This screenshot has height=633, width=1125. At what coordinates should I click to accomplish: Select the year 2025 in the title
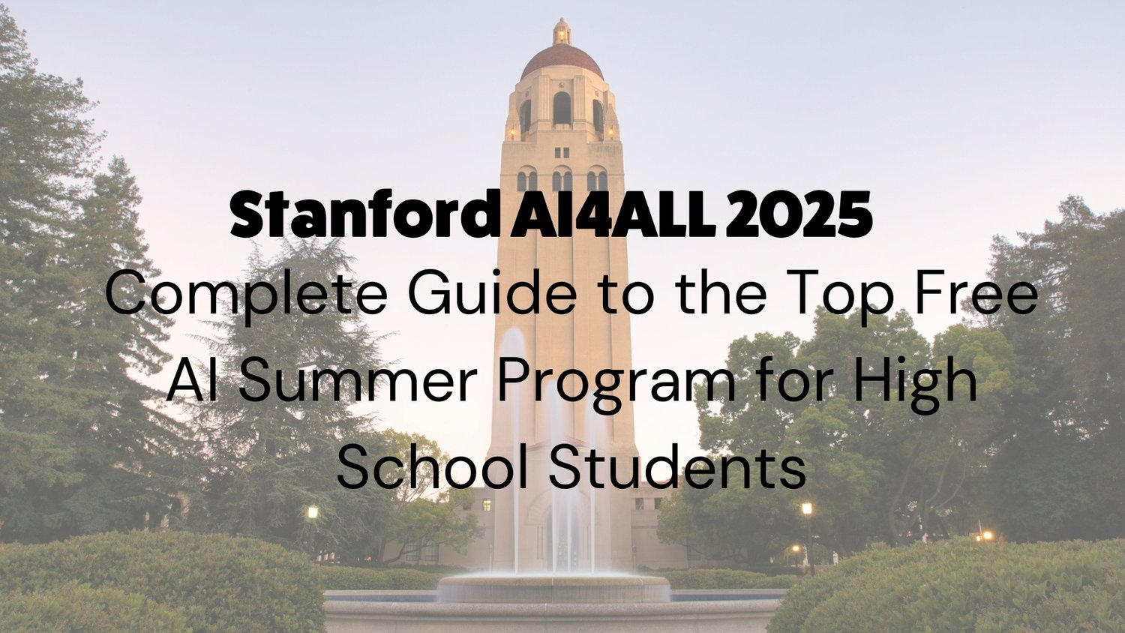click(799, 214)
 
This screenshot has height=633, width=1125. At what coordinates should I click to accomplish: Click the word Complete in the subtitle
click(246, 295)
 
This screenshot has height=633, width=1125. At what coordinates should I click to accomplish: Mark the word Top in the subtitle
click(843, 295)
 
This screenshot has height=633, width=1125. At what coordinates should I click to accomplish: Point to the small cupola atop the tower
click(562, 31)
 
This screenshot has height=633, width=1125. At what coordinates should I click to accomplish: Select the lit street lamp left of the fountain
click(313, 513)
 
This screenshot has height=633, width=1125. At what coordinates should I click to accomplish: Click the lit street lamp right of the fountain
click(807, 509)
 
